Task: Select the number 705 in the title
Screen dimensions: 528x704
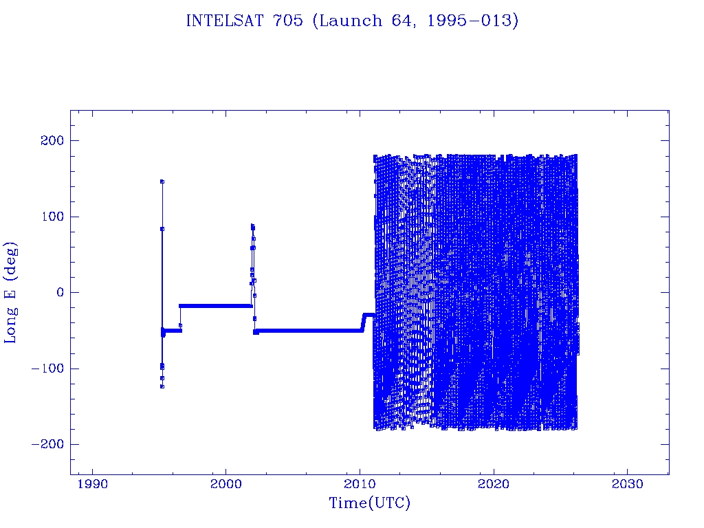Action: point(289,21)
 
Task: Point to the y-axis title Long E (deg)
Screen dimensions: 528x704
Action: point(11,292)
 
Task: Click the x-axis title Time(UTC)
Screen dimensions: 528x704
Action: point(369,503)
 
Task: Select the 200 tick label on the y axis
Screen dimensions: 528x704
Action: point(50,141)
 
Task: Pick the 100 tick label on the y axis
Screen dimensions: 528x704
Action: point(50,217)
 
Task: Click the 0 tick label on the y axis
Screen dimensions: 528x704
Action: point(58,292)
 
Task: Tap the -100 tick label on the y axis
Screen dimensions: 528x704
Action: point(46,368)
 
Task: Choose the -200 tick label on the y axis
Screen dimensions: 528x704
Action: point(46,444)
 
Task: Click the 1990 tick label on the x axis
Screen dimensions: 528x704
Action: point(92,485)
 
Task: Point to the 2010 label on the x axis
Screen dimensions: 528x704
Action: point(360,485)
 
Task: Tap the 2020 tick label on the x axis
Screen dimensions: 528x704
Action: point(494,485)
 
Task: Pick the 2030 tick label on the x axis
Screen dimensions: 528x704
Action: point(627,485)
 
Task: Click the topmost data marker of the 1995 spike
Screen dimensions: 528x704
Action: point(162,181)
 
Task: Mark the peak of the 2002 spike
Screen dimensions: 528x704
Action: point(252,225)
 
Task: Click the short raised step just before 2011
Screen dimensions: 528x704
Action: point(368,315)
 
